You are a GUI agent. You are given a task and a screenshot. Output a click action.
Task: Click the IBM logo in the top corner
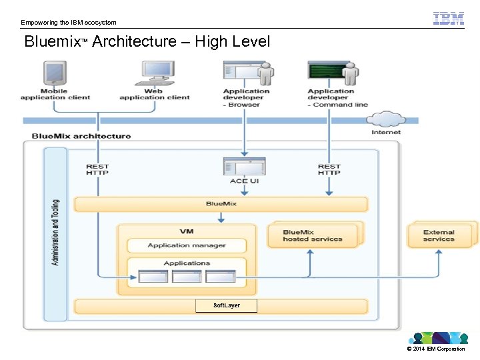pyautogui.click(x=449, y=19)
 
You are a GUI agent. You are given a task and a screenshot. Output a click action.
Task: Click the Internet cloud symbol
pyautogui.click(x=385, y=120)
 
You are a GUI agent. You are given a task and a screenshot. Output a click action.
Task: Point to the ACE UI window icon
pyautogui.click(x=244, y=167)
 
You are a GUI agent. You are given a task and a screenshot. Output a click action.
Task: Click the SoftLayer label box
pyautogui.click(x=226, y=305)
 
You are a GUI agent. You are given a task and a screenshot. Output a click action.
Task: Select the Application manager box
pyautogui.click(x=186, y=245)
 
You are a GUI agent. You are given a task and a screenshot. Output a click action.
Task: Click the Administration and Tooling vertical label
pyautogui.click(x=55, y=232)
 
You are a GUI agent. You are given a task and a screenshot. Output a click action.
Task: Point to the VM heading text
pyautogui.click(x=186, y=231)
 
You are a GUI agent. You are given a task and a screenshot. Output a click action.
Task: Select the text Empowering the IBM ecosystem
pyautogui.click(x=68, y=23)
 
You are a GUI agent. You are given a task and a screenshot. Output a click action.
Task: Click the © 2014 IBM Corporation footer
pyautogui.click(x=435, y=349)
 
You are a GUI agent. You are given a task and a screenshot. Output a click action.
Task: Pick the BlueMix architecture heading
pyautogui.click(x=81, y=136)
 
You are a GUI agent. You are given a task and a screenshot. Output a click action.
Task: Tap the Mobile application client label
pyautogui.click(x=55, y=95)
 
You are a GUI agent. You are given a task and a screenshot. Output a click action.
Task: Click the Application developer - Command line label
pyautogui.click(x=337, y=98)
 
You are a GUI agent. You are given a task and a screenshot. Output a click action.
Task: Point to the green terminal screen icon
pyautogui.click(x=325, y=72)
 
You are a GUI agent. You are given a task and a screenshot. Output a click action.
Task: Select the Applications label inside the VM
pyautogui.click(x=187, y=263)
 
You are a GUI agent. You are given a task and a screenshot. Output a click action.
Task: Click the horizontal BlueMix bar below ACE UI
pyautogui.click(x=220, y=204)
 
